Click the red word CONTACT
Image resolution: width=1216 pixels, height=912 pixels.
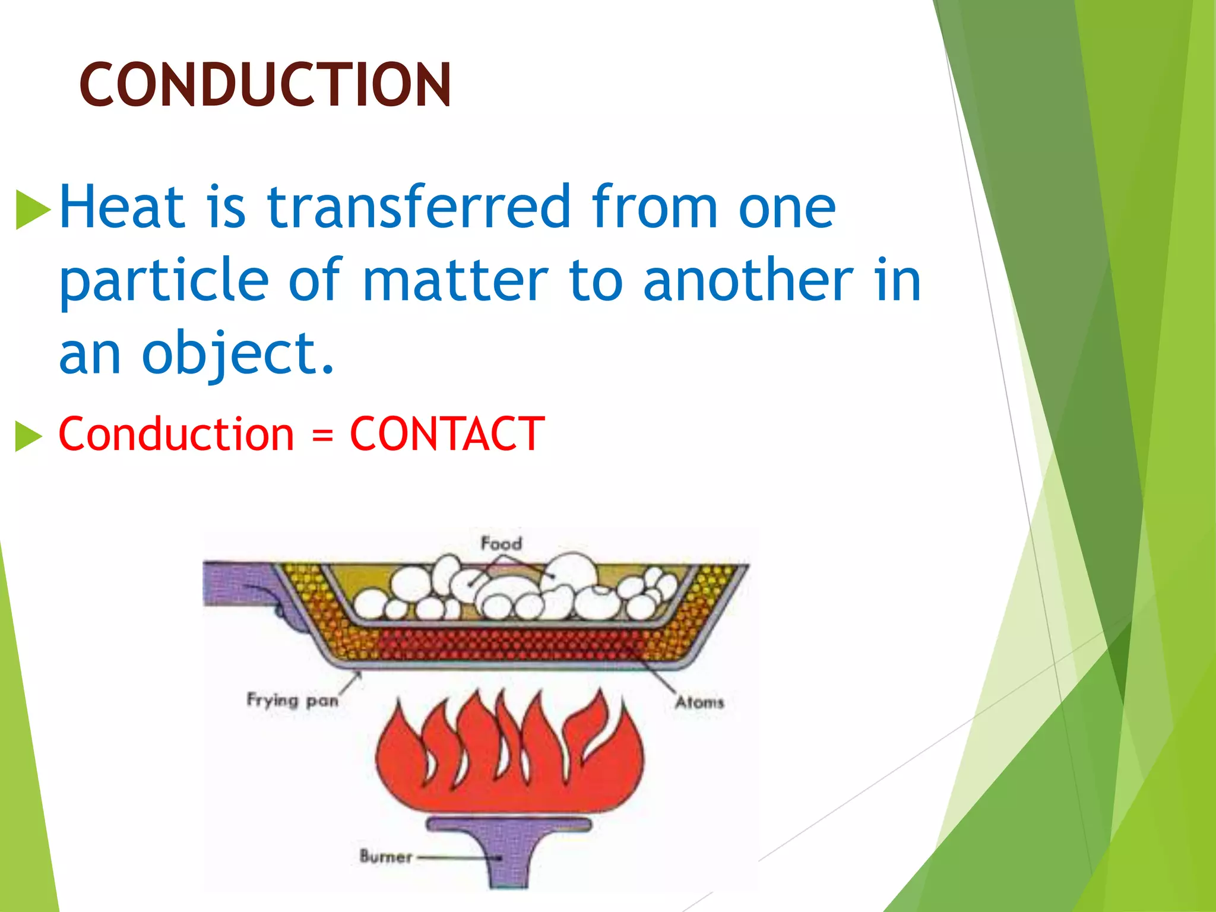447,434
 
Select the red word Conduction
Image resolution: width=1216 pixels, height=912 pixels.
176,434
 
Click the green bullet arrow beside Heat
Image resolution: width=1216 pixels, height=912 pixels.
32,209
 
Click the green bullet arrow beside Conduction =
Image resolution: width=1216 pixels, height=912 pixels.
28,436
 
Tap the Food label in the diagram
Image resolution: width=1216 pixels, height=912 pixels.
501,543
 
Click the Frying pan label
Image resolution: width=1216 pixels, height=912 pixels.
292,701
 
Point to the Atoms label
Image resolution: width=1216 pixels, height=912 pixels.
699,702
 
